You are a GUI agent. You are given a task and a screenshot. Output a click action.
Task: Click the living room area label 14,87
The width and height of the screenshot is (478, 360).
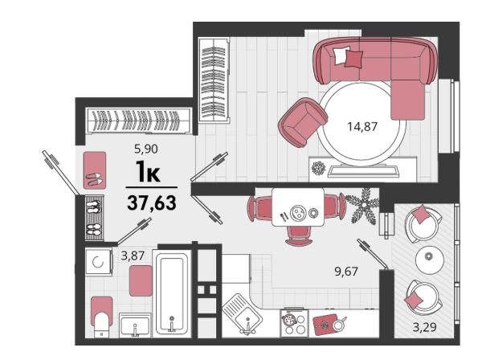tap(362, 126)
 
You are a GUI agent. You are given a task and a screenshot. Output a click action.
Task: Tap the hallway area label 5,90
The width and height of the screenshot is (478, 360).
tap(146, 149)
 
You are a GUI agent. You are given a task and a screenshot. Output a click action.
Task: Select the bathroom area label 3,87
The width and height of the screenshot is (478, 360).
tap(132, 256)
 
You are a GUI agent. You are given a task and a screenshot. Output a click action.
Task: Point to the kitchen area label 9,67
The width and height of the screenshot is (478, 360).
tap(346, 271)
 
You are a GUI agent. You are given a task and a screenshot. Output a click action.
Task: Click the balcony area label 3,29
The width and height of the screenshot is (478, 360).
tap(424, 327)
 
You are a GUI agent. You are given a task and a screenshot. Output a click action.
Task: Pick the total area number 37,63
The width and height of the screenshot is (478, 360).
tap(152, 202)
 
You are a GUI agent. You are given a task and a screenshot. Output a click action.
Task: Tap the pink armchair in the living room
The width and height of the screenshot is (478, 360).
tap(302, 122)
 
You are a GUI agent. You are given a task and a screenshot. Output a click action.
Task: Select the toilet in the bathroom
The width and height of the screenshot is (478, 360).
tap(102, 317)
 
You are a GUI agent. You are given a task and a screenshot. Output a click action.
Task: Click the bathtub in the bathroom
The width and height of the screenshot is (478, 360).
tap(172, 293)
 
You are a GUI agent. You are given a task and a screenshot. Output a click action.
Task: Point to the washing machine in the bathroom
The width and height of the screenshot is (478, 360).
tap(99, 262)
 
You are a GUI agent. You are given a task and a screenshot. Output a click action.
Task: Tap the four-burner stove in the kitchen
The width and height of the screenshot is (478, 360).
tap(294, 323)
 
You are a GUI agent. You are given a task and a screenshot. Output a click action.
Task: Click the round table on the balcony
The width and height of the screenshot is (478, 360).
tap(430, 260)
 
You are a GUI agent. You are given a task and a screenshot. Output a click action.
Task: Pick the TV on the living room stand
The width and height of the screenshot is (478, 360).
tap(363, 170)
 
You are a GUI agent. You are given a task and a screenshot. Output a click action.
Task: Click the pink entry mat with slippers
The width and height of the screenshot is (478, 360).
tap(95, 170)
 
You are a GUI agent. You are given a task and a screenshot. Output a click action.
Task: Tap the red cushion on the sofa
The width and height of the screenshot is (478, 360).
tap(353, 59)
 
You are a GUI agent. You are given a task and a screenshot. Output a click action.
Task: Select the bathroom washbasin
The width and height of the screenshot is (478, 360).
tap(134, 325)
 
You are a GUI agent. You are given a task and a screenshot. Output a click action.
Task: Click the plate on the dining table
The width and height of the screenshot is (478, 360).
tap(296, 212)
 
